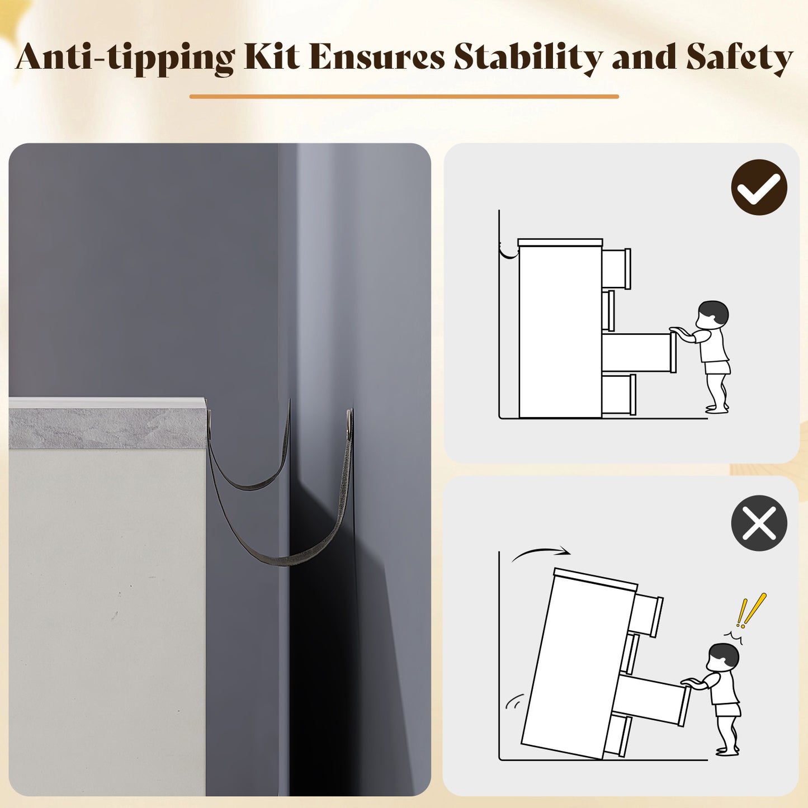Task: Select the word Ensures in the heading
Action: click(376, 57)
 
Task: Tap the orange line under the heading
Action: click(404, 96)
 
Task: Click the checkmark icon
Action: click(759, 187)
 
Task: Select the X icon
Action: click(759, 523)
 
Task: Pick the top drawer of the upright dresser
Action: click(616, 268)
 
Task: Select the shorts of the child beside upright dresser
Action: click(718, 368)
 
